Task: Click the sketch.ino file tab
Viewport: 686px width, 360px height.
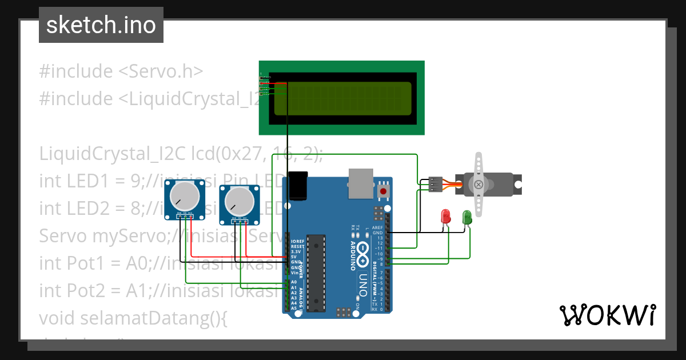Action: (101, 25)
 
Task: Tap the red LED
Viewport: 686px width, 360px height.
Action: (446, 217)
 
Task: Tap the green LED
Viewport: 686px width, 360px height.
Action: (467, 217)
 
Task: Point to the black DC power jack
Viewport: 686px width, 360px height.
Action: (298, 185)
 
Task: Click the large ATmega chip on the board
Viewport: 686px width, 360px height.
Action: (315, 273)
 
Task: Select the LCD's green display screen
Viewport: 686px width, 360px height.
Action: (343, 98)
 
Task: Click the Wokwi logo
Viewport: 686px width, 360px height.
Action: (607, 315)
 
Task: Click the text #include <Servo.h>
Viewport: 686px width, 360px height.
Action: (121, 71)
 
